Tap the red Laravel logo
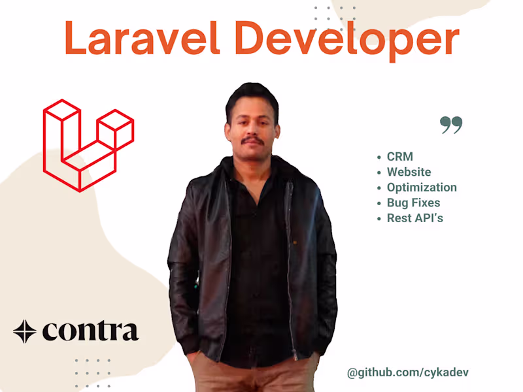click(x=88, y=145)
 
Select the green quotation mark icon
click(x=451, y=125)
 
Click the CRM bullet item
click(x=399, y=157)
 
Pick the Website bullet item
click(x=409, y=172)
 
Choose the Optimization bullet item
click(x=421, y=188)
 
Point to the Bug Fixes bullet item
click(x=413, y=203)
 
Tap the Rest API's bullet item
click(x=414, y=218)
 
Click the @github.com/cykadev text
click(x=408, y=372)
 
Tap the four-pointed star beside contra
click(x=25, y=332)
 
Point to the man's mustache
click(x=252, y=140)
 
